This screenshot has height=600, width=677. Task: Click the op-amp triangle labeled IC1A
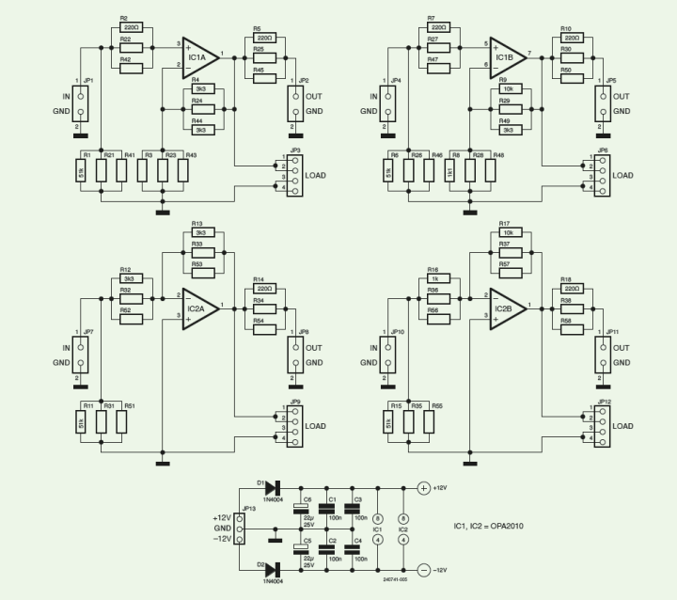(199, 57)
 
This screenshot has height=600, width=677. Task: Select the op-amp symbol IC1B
(508, 57)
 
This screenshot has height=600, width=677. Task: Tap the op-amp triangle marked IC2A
(199, 308)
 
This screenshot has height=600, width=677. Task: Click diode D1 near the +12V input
(274, 488)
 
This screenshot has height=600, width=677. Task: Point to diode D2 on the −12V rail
(274, 570)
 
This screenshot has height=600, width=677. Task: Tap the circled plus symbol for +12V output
(423, 488)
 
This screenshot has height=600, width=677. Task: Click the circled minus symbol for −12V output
(423, 570)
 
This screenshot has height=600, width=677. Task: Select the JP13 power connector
(241, 529)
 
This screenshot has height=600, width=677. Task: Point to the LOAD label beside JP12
(624, 425)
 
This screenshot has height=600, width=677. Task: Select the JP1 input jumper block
(81, 103)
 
